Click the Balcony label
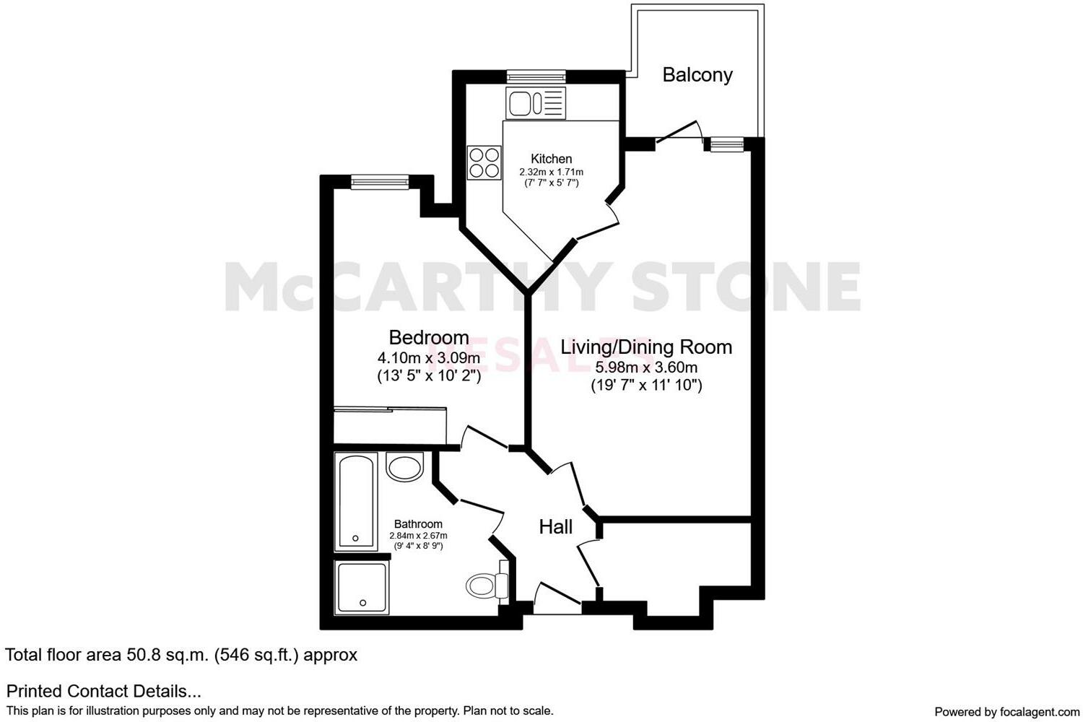pyautogui.click(x=697, y=74)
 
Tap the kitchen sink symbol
pyautogui.click(x=535, y=103)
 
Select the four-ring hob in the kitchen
pyautogui.click(x=484, y=162)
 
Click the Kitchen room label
pyautogui.click(x=551, y=159)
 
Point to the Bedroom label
pyautogui.click(x=428, y=337)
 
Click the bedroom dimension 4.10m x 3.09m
pyautogui.click(x=428, y=358)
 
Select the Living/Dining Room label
pyautogui.click(x=646, y=347)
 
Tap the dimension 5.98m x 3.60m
pyautogui.click(x=646, y=367)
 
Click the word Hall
pyautogui.click(x=555, y=527)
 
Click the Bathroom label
pyautogui.click(x=418, y=524)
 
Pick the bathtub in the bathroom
pyautogui.click(x=355, y=501)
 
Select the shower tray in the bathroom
pyautogui.click(x=362, y=588)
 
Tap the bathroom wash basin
pyautogui.click(x=404, y=466)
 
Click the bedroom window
pyautogui.click(x=380, y=181)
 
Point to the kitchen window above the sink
pyautogui.click(x=535, y=76)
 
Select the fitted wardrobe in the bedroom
pyautogui.click(x=390, y=425)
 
